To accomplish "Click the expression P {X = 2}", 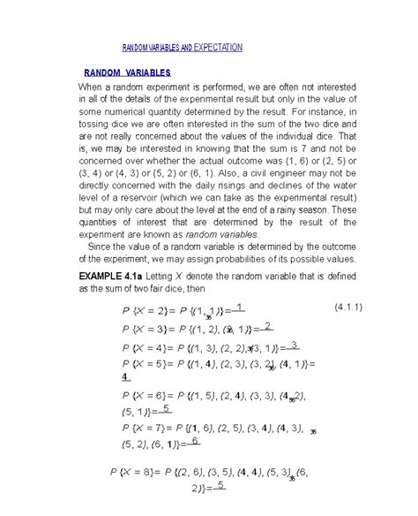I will coord(131,312).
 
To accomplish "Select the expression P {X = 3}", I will coord(131,329).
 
